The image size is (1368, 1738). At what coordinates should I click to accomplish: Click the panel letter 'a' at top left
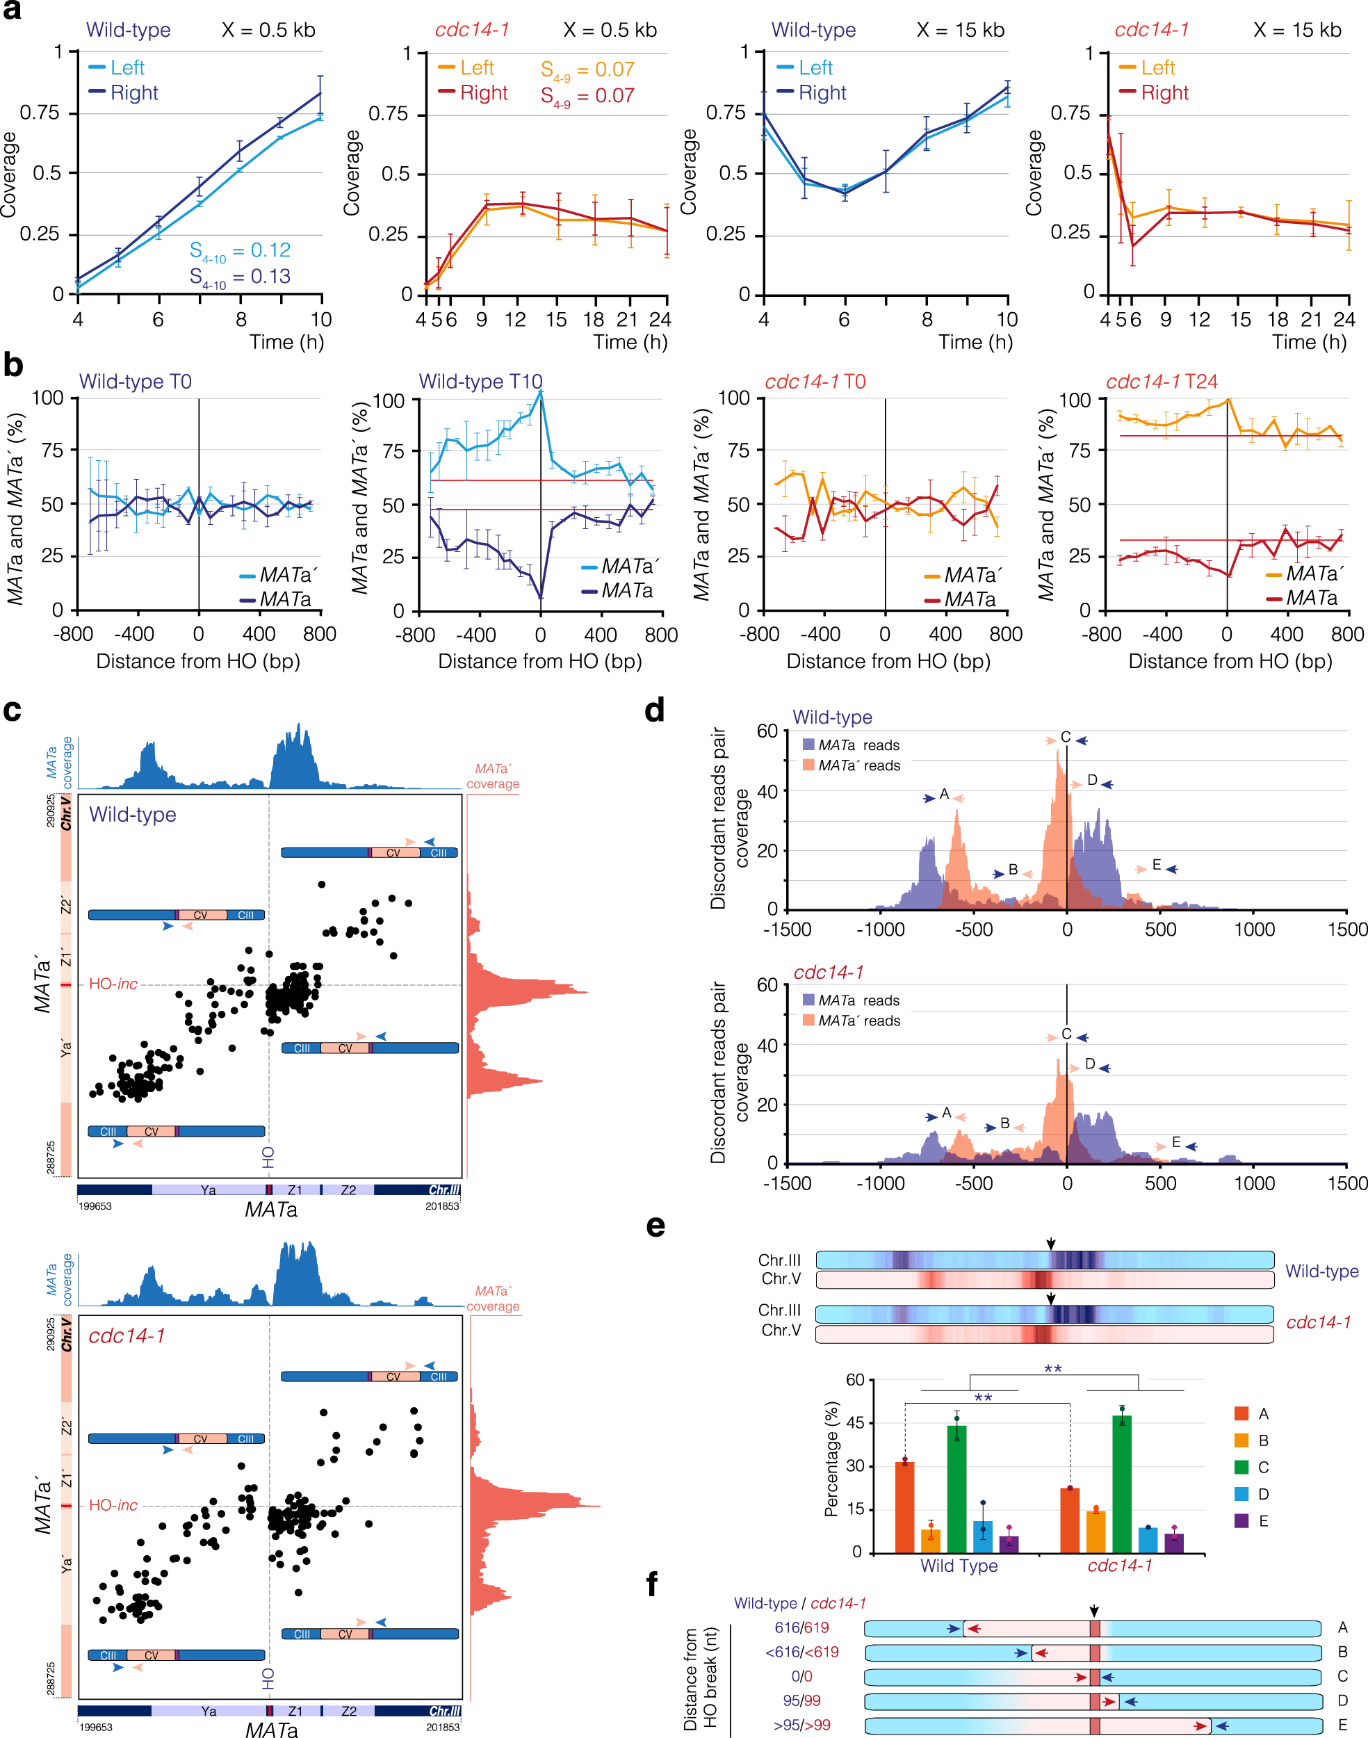(11, 11)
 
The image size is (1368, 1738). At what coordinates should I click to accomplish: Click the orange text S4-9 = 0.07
(587, 70)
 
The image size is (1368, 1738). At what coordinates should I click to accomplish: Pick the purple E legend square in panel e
(1241, 1520)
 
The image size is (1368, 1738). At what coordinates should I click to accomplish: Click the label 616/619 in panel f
(801, 1627)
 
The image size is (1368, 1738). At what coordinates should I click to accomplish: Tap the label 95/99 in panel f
(801, 1700)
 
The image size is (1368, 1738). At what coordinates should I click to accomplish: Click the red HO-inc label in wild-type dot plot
(113, 984)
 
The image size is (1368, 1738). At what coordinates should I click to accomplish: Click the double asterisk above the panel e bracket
(1052, 1369)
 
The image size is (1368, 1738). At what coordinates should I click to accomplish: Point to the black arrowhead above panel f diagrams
(1094, 1611)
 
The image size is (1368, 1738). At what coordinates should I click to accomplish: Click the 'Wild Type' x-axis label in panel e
(959, 1566)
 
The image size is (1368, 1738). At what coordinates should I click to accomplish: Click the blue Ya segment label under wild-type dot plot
(209, 1190)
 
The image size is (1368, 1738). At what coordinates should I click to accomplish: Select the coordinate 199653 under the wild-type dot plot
(95, 1206)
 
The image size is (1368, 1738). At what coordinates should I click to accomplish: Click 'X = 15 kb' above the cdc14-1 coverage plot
(1296, 31)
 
